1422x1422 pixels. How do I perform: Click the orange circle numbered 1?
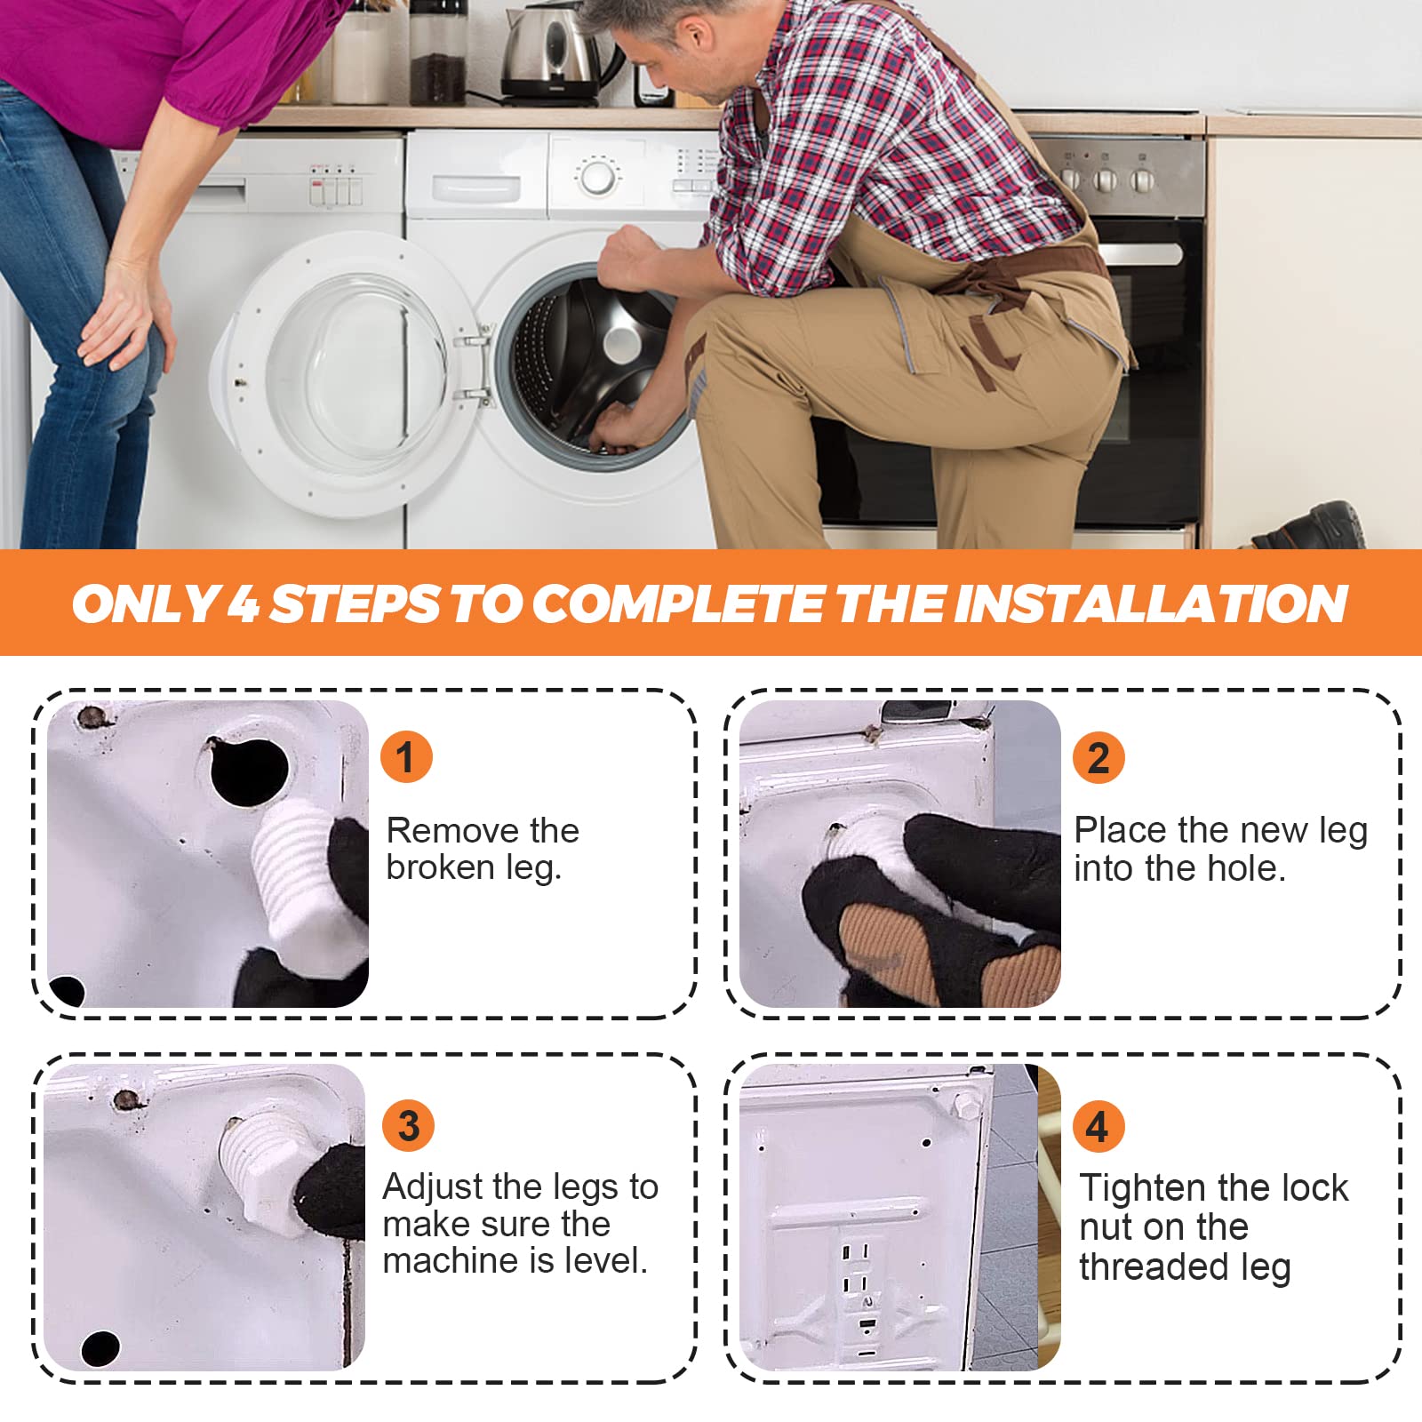pos(406,757)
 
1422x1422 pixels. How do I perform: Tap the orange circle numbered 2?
pos(1098,757)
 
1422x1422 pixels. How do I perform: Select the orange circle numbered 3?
pos(408,1125)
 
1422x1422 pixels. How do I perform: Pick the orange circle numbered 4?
pos(1098,1126)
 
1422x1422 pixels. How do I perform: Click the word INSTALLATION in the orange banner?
pos(1151,603)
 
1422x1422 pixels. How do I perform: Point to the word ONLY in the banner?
pos(145,603)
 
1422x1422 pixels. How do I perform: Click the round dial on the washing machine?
pos(597,176)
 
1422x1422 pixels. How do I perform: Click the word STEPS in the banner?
pos(355,603)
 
